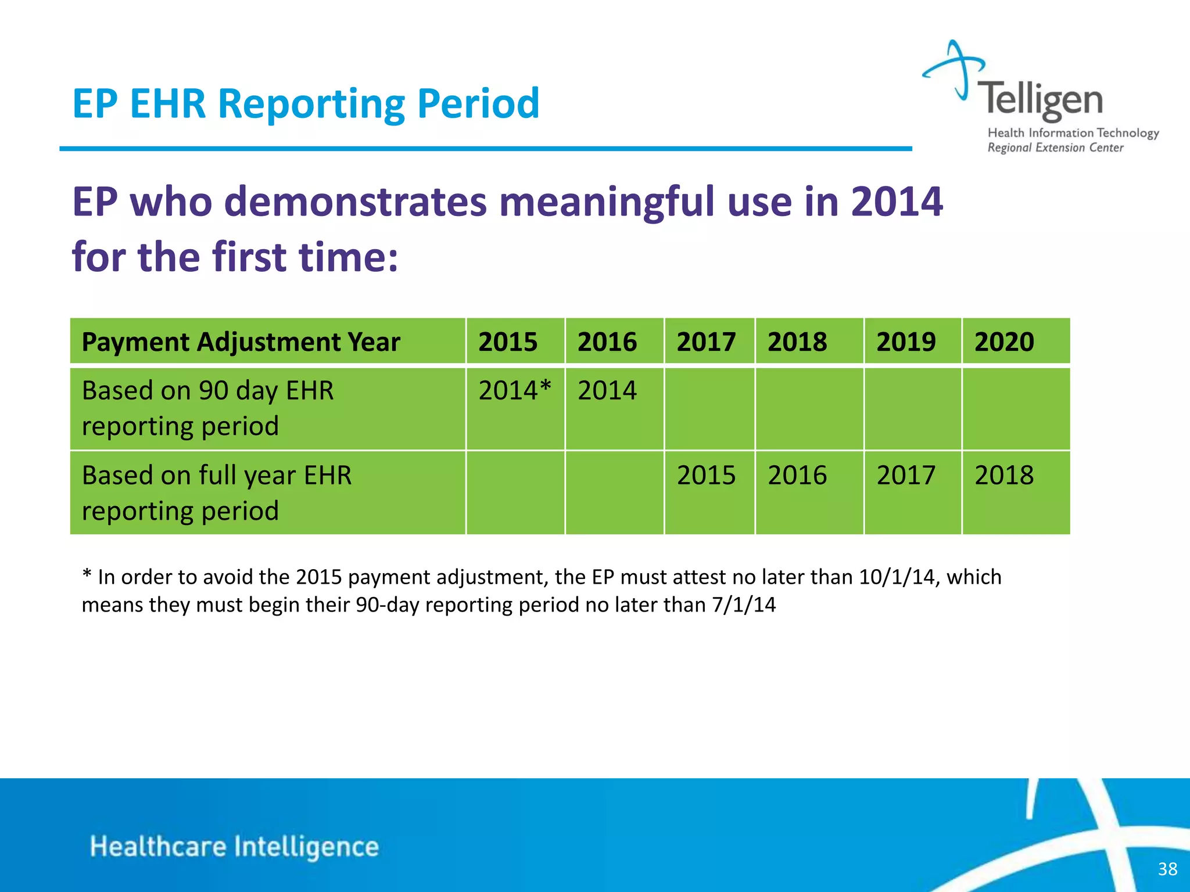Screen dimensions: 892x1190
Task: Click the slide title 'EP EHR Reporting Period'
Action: tap(306, 104)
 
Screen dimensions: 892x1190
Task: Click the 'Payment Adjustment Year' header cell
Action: tap(241, 341)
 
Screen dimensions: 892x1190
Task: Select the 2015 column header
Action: tap(508, 341)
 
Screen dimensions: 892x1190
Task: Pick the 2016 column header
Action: tap(607, 341)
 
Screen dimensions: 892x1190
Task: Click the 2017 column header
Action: tap(706, 341)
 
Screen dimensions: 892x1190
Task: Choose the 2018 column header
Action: tap(797, 341)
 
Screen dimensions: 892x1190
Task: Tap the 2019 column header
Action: tap(906, 341)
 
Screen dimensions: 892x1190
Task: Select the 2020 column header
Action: tap(1004, 341)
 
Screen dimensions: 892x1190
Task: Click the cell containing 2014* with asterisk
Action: tap(514, 390)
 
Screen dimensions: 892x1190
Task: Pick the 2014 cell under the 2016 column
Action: tap(607, 390)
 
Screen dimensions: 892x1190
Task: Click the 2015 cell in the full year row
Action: tap(706, 475)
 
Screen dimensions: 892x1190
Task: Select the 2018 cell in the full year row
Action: tap(1004, 475)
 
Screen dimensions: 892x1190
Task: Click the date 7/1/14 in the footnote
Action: tap(744, 605)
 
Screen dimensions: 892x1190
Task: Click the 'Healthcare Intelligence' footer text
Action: tap(234, 847)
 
